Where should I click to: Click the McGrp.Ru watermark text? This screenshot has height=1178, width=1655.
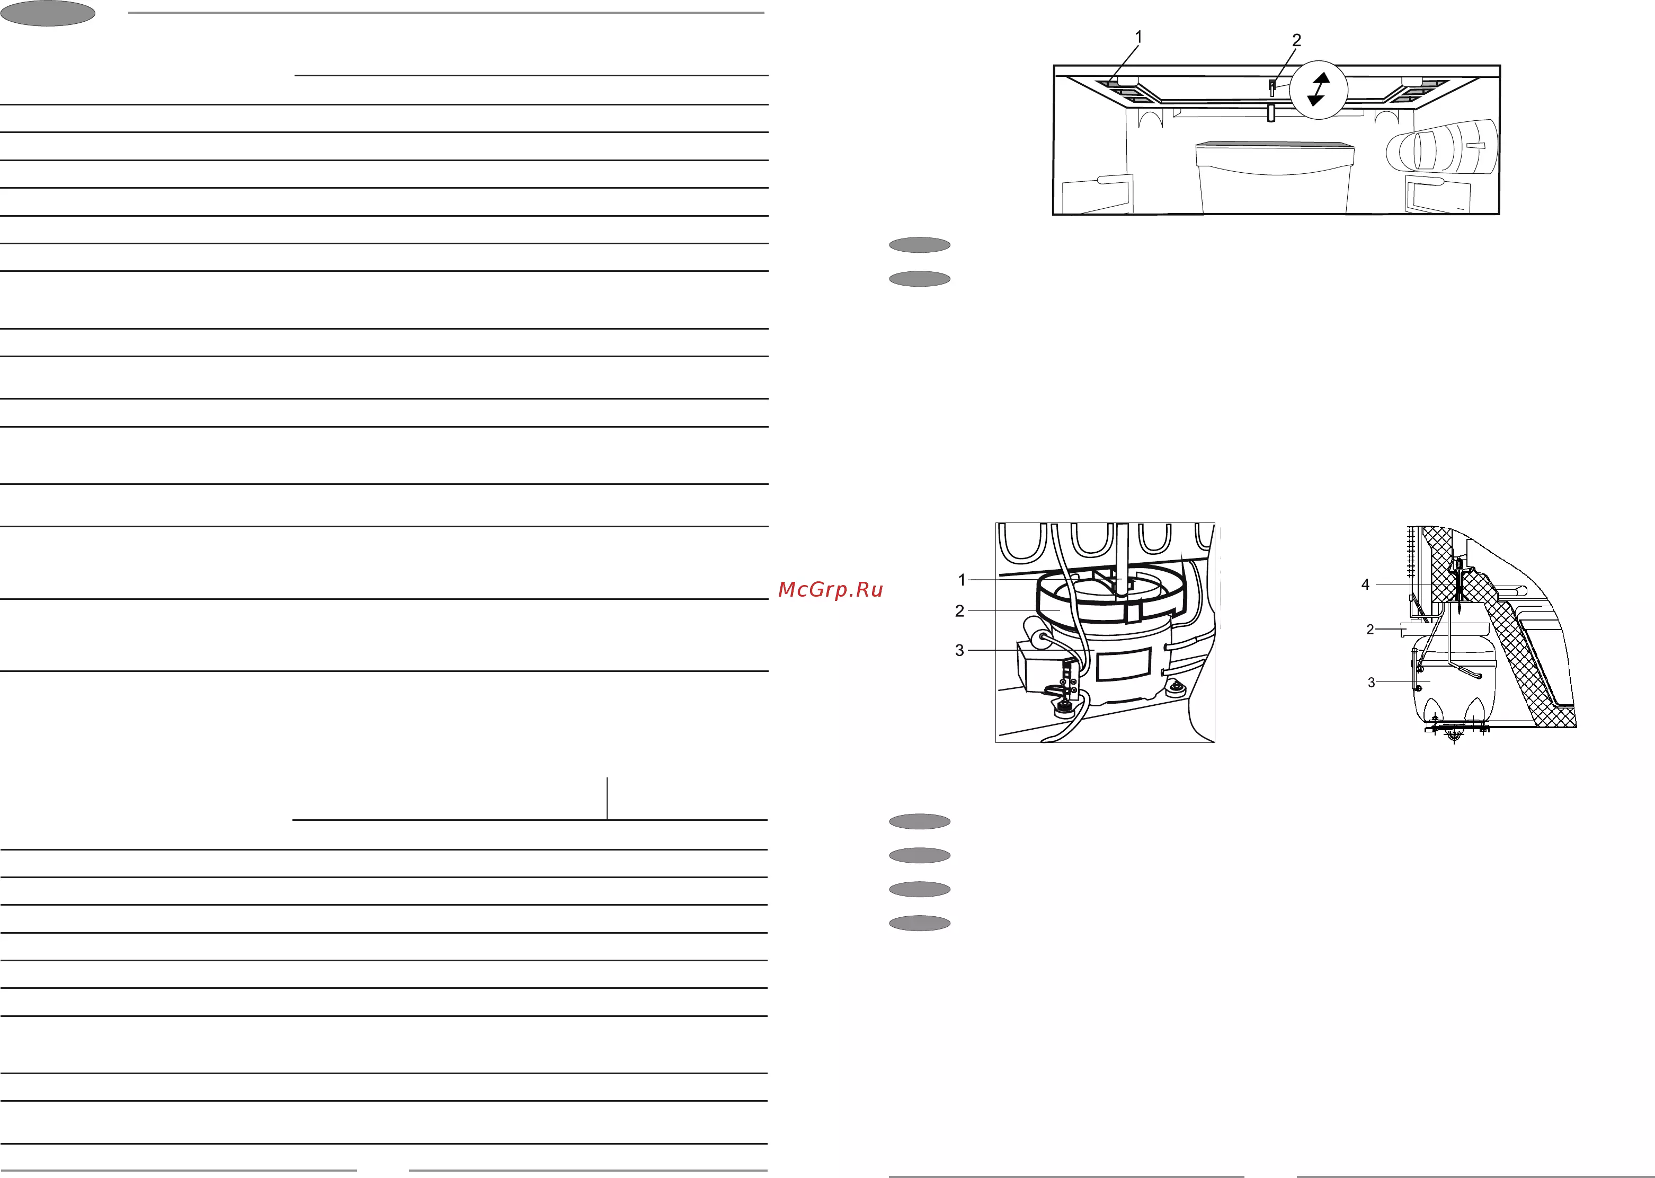pyautogui.click(x=830, y=590)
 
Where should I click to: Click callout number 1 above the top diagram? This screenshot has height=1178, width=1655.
pyautogui.click(x=1138, y=36)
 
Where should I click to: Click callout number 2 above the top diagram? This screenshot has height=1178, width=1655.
pyautogui.click(x=1297, y=41)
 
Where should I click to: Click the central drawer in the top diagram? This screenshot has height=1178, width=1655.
pyautogui.click(x=1274, y=177)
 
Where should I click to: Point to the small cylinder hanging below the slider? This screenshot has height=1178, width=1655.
pyautogui.click(x=1270, y=112)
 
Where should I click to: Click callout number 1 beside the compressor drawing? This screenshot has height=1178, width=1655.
pyautogui.click(x=962, y=580)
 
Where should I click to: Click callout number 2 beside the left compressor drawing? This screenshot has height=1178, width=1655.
pyautogui.click(x=959, y=612)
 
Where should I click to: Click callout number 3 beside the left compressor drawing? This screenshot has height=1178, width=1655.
pyautogui.click(x=959, y=651)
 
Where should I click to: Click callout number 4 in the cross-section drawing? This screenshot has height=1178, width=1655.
pyautogui.click(x=1365, y=584)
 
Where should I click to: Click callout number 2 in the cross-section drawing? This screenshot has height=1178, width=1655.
pyautogui.click(x=1370, y=630)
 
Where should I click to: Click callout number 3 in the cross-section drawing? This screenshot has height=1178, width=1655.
pyautogui.click(x=1371, y=683)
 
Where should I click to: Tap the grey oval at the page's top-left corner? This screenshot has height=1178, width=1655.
pyautogui.click(x=48, y=14)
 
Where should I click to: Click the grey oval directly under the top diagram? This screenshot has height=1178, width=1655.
pyautogui.click(x=920, y=245)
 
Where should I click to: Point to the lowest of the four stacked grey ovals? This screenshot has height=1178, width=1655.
pyautogui.click(x=920, y=924)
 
